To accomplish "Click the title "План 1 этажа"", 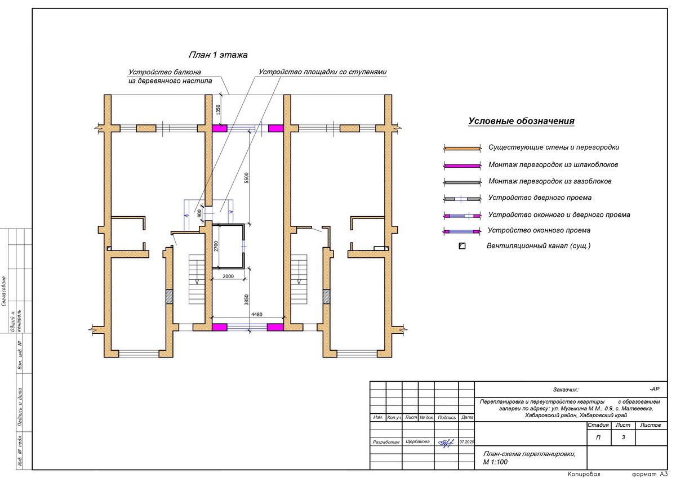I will pos(217,55).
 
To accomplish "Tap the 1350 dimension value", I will pos(218,110).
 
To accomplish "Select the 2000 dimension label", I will pos(228,276).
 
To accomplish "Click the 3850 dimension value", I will pos(247,298).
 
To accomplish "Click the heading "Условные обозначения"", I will pos(521,121).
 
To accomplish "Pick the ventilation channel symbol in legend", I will pos(462,246).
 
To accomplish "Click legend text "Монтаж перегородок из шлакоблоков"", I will pos(553,165).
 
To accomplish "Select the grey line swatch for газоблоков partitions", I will pos(461,182).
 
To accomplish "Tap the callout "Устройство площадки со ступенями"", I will pos(323,72).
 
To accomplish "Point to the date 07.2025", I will pos(467,442).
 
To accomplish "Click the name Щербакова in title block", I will pos(417,442).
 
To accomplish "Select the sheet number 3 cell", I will pos(623,437).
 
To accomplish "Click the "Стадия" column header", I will pos(598,425).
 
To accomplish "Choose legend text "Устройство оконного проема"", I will pos(539,231).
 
